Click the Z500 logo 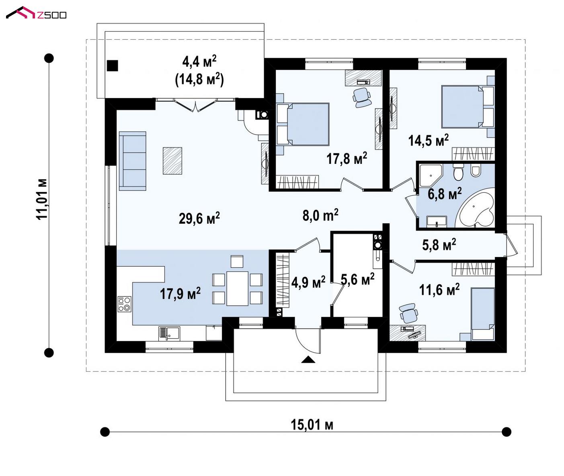point(36,13)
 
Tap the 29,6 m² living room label point(199,218)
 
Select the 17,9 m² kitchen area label point(180,293)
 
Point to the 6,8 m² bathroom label point(445,193)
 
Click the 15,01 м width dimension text point(312,425)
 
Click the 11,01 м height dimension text point(42,200)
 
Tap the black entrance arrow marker point(308,360)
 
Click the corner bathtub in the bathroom point(476,207)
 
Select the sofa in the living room point(133,161)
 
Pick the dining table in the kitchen point(238,289)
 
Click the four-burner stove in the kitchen point(124,304)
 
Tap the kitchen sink point(169,333)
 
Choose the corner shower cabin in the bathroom point(431,176)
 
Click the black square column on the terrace point(113,65)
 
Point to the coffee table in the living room point(172,161)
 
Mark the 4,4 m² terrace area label point(199,61)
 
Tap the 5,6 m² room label point(357,279)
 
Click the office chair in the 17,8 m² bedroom point(362,98)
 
